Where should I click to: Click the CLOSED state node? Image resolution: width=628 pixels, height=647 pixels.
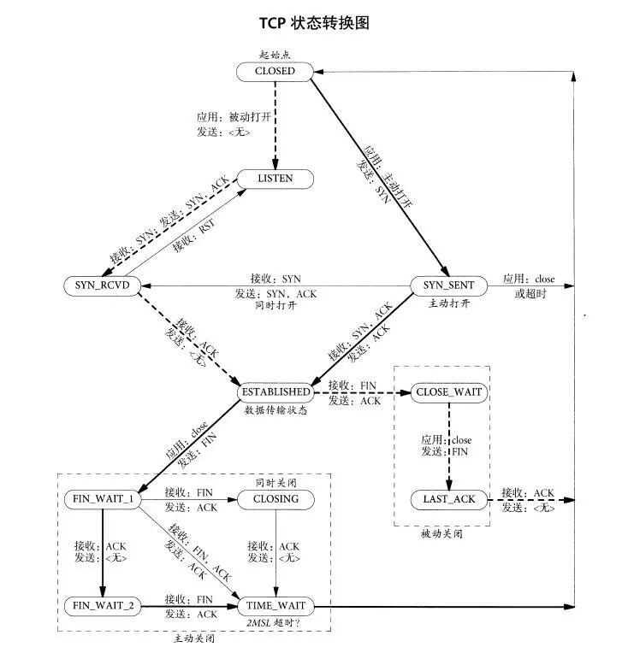[x=275, y=72]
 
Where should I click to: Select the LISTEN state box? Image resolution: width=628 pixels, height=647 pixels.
[x=275, y=179]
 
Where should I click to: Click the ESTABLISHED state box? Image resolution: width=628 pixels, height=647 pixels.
[x=275, y=391]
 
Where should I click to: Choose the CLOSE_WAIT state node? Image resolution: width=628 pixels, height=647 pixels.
[x=448, y=392]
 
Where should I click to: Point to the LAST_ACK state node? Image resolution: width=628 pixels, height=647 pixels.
[x=448, y=498]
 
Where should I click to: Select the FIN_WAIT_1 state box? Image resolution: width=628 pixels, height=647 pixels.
[x=102, y=499]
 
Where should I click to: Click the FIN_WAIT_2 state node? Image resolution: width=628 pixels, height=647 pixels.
[x=102, y=606]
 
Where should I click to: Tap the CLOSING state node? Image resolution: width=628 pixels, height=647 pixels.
[x=275, y=499]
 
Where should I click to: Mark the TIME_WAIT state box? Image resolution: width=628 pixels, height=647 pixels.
[x=275, y=606]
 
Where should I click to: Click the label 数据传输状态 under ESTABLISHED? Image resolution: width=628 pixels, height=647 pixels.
[x=275, y=410]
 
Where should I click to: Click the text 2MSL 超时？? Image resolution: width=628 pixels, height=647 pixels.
[x=275, y=624]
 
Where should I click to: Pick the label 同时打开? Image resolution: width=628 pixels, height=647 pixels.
[x=275, y=305]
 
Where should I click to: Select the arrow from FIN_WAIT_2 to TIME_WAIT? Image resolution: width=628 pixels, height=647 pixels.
[x=188, y=606]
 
